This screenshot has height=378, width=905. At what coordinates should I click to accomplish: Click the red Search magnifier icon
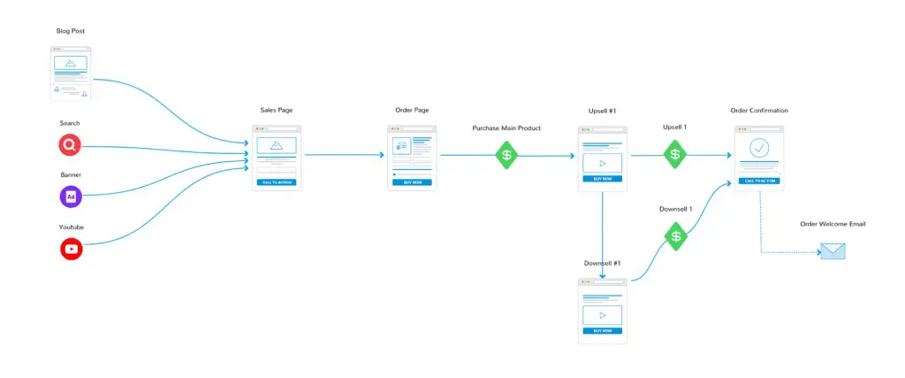71,145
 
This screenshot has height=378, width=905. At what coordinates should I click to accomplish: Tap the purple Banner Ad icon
71,197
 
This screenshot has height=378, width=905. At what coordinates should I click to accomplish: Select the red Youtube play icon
71,249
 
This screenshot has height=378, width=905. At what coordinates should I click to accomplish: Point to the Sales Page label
277,111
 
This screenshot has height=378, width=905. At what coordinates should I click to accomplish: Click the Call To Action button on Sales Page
277,182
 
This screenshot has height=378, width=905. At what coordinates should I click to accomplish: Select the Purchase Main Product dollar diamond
506,155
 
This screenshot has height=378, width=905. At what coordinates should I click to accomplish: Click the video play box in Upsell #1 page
602,163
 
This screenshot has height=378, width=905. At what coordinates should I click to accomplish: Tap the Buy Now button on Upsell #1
602,179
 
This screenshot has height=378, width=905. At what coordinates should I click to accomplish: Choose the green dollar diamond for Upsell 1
675,154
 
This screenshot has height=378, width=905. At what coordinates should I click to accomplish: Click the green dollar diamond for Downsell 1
676,236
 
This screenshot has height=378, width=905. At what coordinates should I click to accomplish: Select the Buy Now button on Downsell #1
602,330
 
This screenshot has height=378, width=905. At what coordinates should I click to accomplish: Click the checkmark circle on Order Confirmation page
759,148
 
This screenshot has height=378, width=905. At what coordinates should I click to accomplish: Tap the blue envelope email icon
833,251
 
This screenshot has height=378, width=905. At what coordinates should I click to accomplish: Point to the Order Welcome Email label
833,224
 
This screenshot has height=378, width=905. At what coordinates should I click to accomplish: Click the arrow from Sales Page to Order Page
345,155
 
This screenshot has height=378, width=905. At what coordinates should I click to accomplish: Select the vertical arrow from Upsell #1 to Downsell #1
602,235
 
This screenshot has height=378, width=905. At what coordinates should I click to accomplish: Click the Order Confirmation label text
759,111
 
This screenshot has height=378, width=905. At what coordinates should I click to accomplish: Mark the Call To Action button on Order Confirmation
759,180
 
